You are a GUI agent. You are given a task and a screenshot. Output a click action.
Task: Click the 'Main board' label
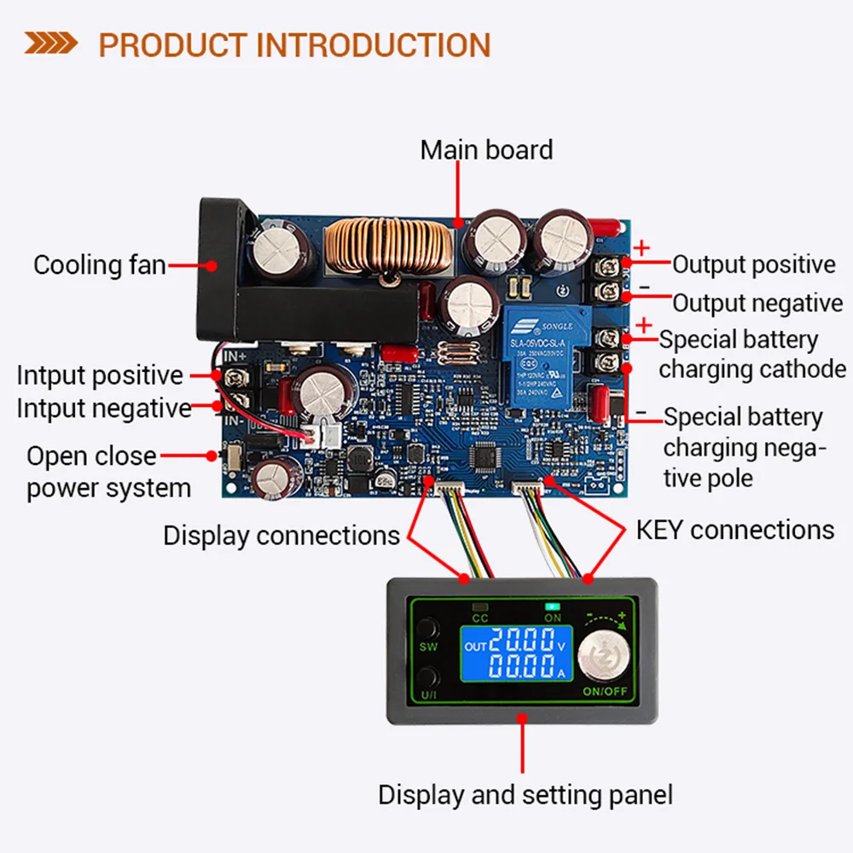coord(486,150)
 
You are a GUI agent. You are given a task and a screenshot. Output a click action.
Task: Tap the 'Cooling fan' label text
coord(99,265)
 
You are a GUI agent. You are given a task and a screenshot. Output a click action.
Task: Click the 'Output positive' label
coord(754,264)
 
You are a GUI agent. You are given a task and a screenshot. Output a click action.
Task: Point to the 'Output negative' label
coord(757,303)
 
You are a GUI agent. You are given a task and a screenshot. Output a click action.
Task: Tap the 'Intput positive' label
coord(100,375)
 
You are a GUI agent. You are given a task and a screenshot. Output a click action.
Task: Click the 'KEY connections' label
coord(734,530)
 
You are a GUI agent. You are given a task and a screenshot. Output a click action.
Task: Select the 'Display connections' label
coord(281,536)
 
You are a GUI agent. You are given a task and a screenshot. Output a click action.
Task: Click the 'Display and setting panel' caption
coord(525,795)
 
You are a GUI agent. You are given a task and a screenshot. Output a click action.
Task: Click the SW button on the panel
coord(430,631)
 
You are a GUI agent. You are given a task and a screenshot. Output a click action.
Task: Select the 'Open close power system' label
coord(107,472)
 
